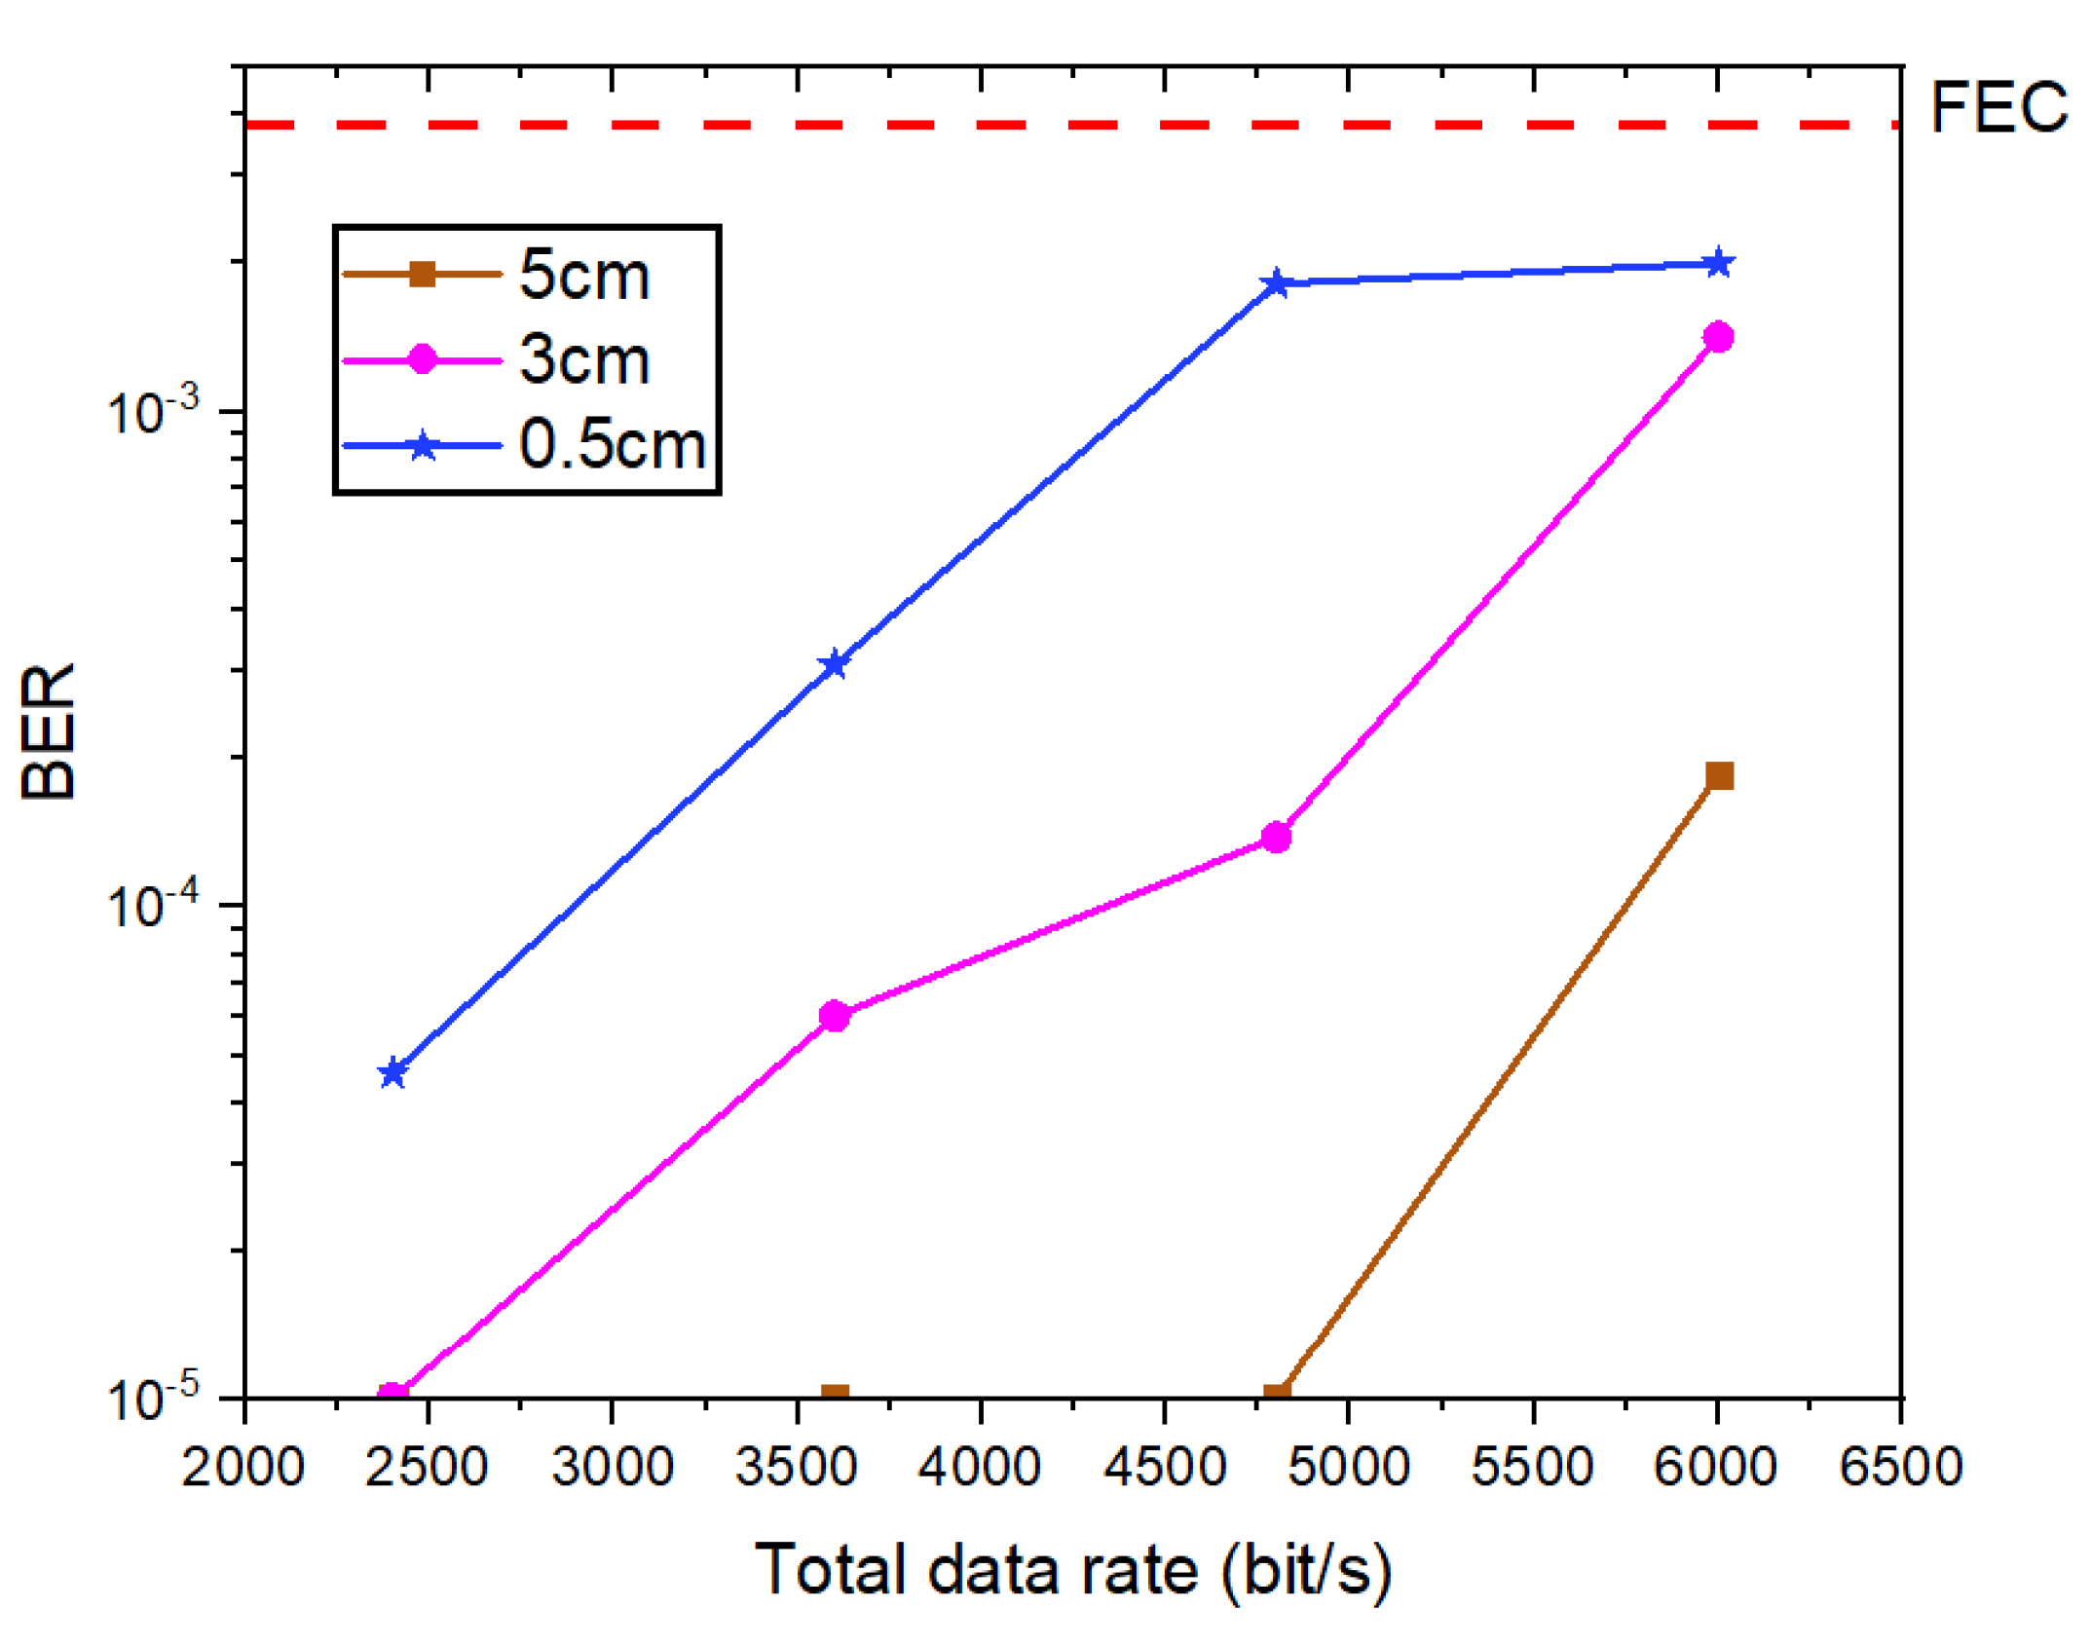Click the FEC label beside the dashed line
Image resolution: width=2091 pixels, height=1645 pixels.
[1998, 107]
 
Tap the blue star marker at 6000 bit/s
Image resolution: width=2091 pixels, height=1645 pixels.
[1719, 263]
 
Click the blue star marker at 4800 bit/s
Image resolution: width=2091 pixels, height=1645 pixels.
[1276, 283]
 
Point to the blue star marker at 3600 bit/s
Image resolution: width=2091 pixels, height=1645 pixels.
[835, 664]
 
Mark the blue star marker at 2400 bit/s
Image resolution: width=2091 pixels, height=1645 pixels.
[392, 1072]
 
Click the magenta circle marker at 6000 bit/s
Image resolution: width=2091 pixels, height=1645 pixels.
[1719, 337]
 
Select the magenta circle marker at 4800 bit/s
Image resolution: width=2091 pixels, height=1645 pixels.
[1276, 837]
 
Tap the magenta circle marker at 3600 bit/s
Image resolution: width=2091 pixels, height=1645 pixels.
[835, 1016]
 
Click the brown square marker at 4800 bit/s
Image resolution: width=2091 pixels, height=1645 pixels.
[1276, 1394]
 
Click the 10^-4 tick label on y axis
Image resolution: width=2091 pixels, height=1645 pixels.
[152, 906]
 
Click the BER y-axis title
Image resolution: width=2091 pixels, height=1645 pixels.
[49, 730]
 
